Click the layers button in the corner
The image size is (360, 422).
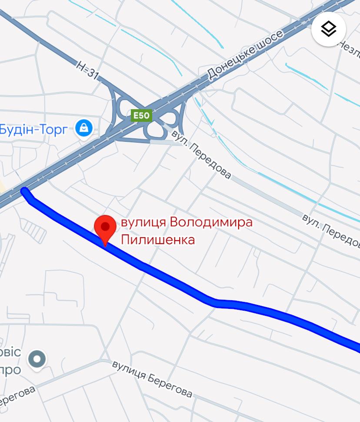pyautogui.click(x=329, y=29)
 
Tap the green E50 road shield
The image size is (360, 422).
pyautogui.click(x=141, y=115)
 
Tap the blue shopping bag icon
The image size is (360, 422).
pyautogui.click(x=84, y=128)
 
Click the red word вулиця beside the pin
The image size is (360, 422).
pyautogui.click(x=143, y=222)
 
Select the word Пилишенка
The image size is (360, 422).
pyautogui.click(x=157, y=239)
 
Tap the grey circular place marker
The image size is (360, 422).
pyautogui.click(x=37, y=359)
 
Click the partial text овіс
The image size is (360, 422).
pyautogui.click(x=10, y=352)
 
